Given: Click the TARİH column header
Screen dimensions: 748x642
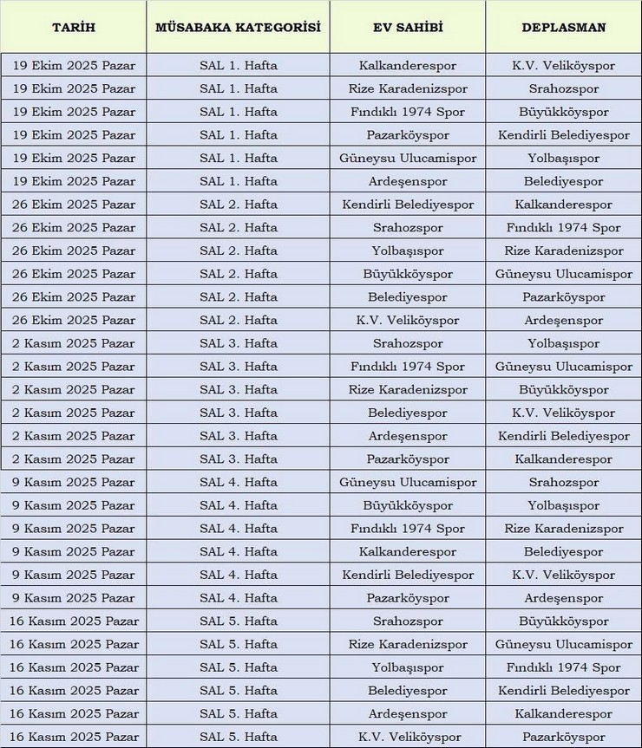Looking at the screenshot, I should [74, 28].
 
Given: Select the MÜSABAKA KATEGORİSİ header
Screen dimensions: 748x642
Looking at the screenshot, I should [238, 28].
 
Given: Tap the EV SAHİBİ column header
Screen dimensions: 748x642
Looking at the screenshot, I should [408, 28].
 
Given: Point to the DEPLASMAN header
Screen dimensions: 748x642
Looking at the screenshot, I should [564, 28].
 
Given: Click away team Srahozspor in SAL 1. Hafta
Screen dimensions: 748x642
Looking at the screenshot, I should [564, 89].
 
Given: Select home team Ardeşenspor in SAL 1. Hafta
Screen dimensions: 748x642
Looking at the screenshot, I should [408, 182].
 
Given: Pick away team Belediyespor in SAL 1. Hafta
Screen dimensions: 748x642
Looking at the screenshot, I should [564, 182].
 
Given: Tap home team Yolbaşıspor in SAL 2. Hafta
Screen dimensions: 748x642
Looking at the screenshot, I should [408, 251].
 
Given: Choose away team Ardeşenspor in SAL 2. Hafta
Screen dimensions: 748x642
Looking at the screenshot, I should [564, 321].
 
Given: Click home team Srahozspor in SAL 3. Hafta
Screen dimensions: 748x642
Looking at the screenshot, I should [408, 344].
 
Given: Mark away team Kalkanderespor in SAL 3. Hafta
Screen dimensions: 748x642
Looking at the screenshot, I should [564, 459].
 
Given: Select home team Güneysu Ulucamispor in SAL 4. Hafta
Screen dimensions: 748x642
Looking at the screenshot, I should [408, 483].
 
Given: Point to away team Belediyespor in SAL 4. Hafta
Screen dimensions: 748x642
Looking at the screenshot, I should [564, 552].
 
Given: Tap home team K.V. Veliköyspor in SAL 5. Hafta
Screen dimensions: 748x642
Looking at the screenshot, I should [408, 737].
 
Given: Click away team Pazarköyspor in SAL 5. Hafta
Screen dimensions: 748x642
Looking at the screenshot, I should [564, 737].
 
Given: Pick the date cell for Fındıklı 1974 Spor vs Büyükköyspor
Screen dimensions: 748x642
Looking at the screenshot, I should [74, 113].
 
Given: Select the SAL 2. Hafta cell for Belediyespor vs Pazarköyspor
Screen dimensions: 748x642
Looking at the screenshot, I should [238, 297].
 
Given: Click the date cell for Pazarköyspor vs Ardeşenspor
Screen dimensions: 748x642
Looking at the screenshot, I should [74, 598].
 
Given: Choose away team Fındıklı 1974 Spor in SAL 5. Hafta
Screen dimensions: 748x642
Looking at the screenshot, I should [564, 667].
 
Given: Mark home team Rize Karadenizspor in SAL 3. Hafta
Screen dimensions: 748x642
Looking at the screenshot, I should [408, 390].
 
